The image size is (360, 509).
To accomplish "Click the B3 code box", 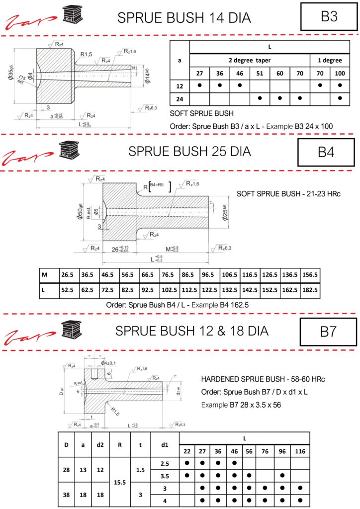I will pyautogui.click(x=329, y=16).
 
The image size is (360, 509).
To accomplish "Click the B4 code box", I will pyautogui.click(x=326, y=152).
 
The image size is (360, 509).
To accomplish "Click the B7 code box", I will pyautogui.click(x=328, y=332).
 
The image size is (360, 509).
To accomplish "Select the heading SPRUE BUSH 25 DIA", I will pyautogui.click(x=189, y=151).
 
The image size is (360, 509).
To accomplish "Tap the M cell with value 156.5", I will pyautogui.click(x=310, y=275).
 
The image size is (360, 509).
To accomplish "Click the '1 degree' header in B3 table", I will pyautogui.click(x=329, y=60).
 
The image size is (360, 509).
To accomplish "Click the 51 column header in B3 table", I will pyautogui.click(x=259, y=73).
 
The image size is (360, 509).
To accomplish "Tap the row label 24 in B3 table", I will pyautogui.click(x=180, y=98).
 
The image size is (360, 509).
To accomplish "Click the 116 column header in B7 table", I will pyautogui.click(x=300, y=452).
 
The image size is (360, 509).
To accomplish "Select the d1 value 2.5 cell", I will pyautogui.click(x=165, y=463).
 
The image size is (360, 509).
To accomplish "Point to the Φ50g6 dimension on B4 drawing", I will pyautogui.click(x=80, y=210).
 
